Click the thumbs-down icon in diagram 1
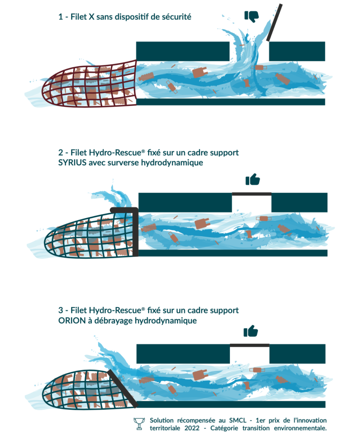click(251, 16)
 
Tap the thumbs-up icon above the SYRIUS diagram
click(252, 180)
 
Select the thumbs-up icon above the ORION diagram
click(251, 331)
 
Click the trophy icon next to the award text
click(139, 424)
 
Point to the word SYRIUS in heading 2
click(72, 162)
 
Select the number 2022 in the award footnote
click(192, 428)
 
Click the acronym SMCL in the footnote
click(238, 420)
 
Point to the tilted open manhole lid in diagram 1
click(275, 22)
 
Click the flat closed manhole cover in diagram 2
click(251, 194)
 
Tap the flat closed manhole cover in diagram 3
click(250, 345)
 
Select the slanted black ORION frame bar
click(123, 388)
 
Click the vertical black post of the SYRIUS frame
click(135, 232)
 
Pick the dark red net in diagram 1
click(90, 84)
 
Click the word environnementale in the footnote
click(300, 428)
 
